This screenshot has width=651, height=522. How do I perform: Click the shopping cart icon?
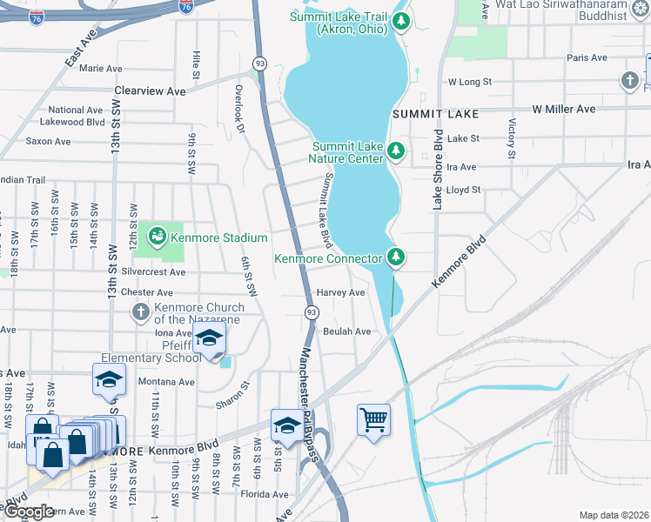coord(373,419)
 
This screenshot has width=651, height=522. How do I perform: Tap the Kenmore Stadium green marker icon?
coord(157,235)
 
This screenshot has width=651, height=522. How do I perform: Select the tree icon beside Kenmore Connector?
coord(396,257)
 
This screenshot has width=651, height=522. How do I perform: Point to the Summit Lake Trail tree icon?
coord(400,20)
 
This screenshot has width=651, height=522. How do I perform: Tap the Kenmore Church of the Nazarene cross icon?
coord(139,311)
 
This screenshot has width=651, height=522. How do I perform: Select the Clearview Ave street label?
coord(151,90)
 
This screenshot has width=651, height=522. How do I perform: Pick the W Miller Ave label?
coord(563,109)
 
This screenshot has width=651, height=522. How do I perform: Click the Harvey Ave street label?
coord(340,293)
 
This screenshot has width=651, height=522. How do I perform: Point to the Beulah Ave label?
coord(347,331)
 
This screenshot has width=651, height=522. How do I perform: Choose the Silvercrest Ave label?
coord(154,272)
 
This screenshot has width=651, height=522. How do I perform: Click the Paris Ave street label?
coord(586,57)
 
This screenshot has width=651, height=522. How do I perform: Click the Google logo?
coord(29,512)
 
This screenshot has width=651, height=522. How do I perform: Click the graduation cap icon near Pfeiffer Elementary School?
coord(209,338)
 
